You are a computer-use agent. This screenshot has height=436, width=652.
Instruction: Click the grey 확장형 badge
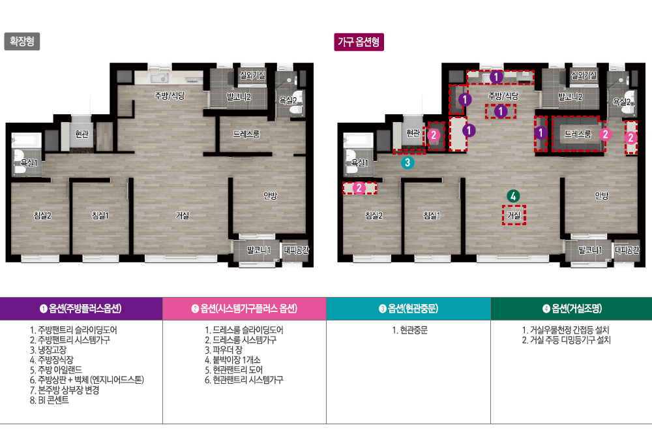22,41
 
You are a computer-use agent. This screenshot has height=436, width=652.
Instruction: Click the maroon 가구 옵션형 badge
359,42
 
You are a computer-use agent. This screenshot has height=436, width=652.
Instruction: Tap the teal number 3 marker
407,163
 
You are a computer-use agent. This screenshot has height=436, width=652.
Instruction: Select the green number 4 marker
513,196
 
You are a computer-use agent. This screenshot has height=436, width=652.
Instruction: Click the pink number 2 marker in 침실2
359,188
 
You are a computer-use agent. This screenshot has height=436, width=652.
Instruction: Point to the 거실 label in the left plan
182,215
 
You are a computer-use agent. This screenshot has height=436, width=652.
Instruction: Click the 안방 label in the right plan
601,195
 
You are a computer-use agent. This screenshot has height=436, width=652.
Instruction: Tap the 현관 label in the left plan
81,134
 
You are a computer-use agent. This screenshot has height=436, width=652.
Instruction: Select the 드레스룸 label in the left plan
246,134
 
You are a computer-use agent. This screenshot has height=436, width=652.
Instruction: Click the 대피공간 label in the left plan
297,250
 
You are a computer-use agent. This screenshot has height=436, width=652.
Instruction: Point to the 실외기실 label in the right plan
584,75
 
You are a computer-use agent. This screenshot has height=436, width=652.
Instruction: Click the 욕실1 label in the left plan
29,163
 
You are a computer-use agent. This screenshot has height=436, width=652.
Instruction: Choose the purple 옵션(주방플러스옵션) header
81,309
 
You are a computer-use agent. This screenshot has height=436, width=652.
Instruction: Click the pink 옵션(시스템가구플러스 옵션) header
244,309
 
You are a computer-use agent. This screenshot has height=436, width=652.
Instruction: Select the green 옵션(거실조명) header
571,309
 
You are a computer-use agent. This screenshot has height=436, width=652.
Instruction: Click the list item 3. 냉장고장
48,350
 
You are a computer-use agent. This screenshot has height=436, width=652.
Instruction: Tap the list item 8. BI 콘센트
49,399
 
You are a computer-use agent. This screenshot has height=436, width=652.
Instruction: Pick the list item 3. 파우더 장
223,350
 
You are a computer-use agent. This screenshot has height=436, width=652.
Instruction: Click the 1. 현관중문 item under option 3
409,330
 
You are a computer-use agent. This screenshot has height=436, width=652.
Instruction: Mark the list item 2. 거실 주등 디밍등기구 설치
567,340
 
